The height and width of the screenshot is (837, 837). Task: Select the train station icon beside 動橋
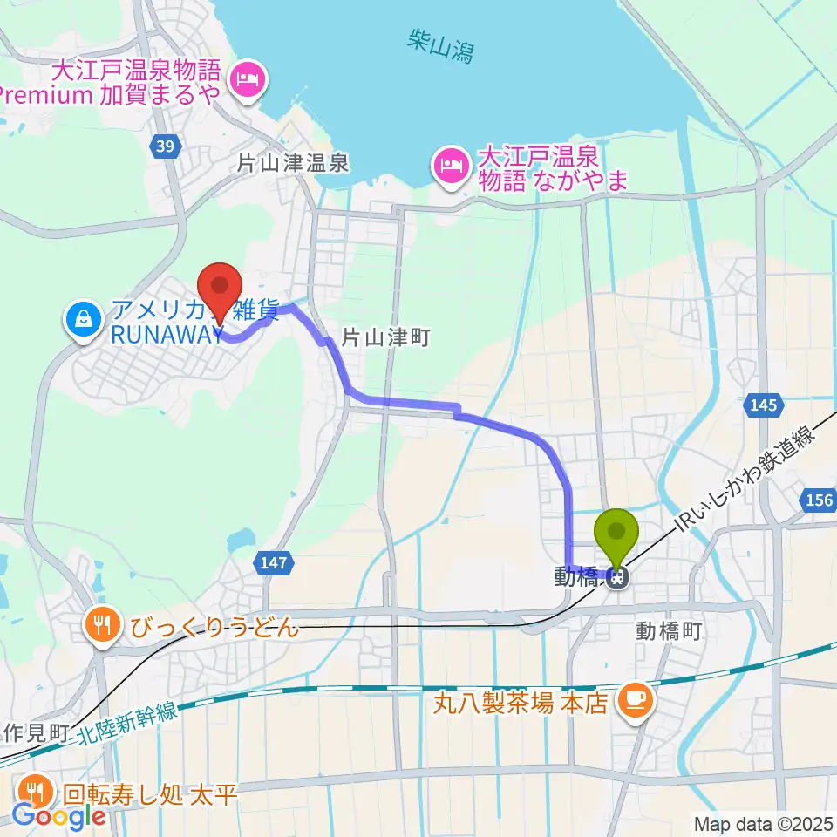(x=617, y=576)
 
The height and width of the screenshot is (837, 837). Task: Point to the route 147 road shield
(x=274, y=564)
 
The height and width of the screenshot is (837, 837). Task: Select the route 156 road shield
(x=817, y=500)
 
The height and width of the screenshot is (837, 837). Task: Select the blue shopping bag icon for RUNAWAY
(x=80, y=321)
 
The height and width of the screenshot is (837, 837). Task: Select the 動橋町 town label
(x=669, y=629)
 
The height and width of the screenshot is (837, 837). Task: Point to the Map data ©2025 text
(x=763, y=823)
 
